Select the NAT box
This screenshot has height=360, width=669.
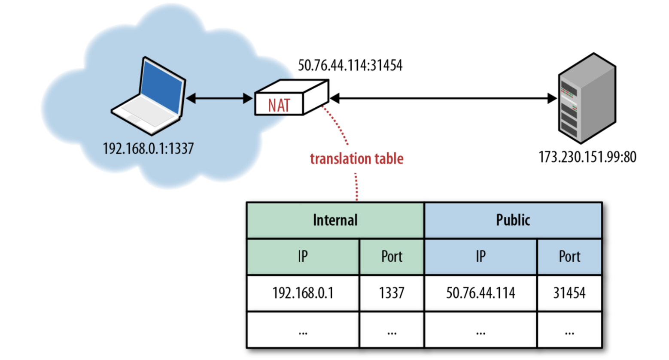coord(291,99)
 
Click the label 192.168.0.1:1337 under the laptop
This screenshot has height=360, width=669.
coord(148,149)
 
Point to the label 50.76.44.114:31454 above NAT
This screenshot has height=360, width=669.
coord(350,66)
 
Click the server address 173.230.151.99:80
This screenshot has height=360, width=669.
coord(587,157)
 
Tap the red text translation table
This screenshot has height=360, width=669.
coord(356,159)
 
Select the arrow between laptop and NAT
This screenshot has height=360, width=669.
coord(219,99)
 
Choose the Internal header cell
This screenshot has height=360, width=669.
coord(335,220)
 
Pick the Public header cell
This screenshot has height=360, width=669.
coord(513,220)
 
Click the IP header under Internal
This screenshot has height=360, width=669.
coord(303,257)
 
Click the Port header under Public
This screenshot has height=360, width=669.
coord(569,257)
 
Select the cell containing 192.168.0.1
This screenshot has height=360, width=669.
coord(303,293)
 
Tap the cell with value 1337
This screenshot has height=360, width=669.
coord(391,293)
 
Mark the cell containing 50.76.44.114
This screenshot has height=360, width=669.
coord(480,293)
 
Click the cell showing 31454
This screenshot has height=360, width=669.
coord(569,293)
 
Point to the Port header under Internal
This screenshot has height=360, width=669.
coord(391,257)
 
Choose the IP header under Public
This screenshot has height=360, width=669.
coord(480,257)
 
